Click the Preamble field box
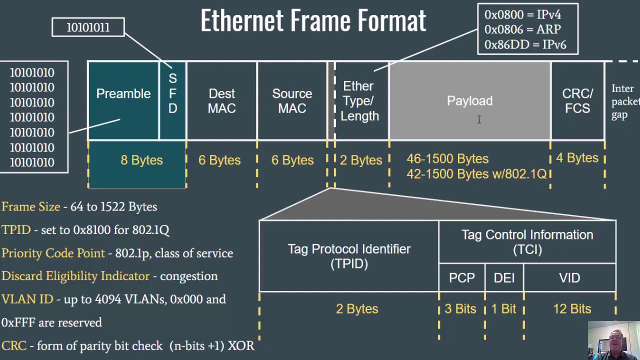[x=123, y=100]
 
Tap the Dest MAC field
[x=221, y=100]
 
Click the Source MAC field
[x=292, y=100]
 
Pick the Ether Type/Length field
[x=360, y=101]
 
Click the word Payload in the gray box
[x=469, y=101]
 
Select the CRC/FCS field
[x=577, y=100]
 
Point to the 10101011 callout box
[x=88, y=27]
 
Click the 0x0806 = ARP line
[x=522, y=29]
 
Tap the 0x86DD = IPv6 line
[x=525, y=44]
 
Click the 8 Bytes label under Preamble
[x=141, y=160]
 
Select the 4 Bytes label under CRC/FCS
[x=577, y=158]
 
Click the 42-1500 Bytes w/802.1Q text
[x=476, y=174]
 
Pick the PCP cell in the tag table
[x=461, y=278]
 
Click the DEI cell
[x=504, y=278]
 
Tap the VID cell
[x=569, y=278]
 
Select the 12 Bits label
[x=572, y=309]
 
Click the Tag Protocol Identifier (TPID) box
[x=349, y=256]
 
